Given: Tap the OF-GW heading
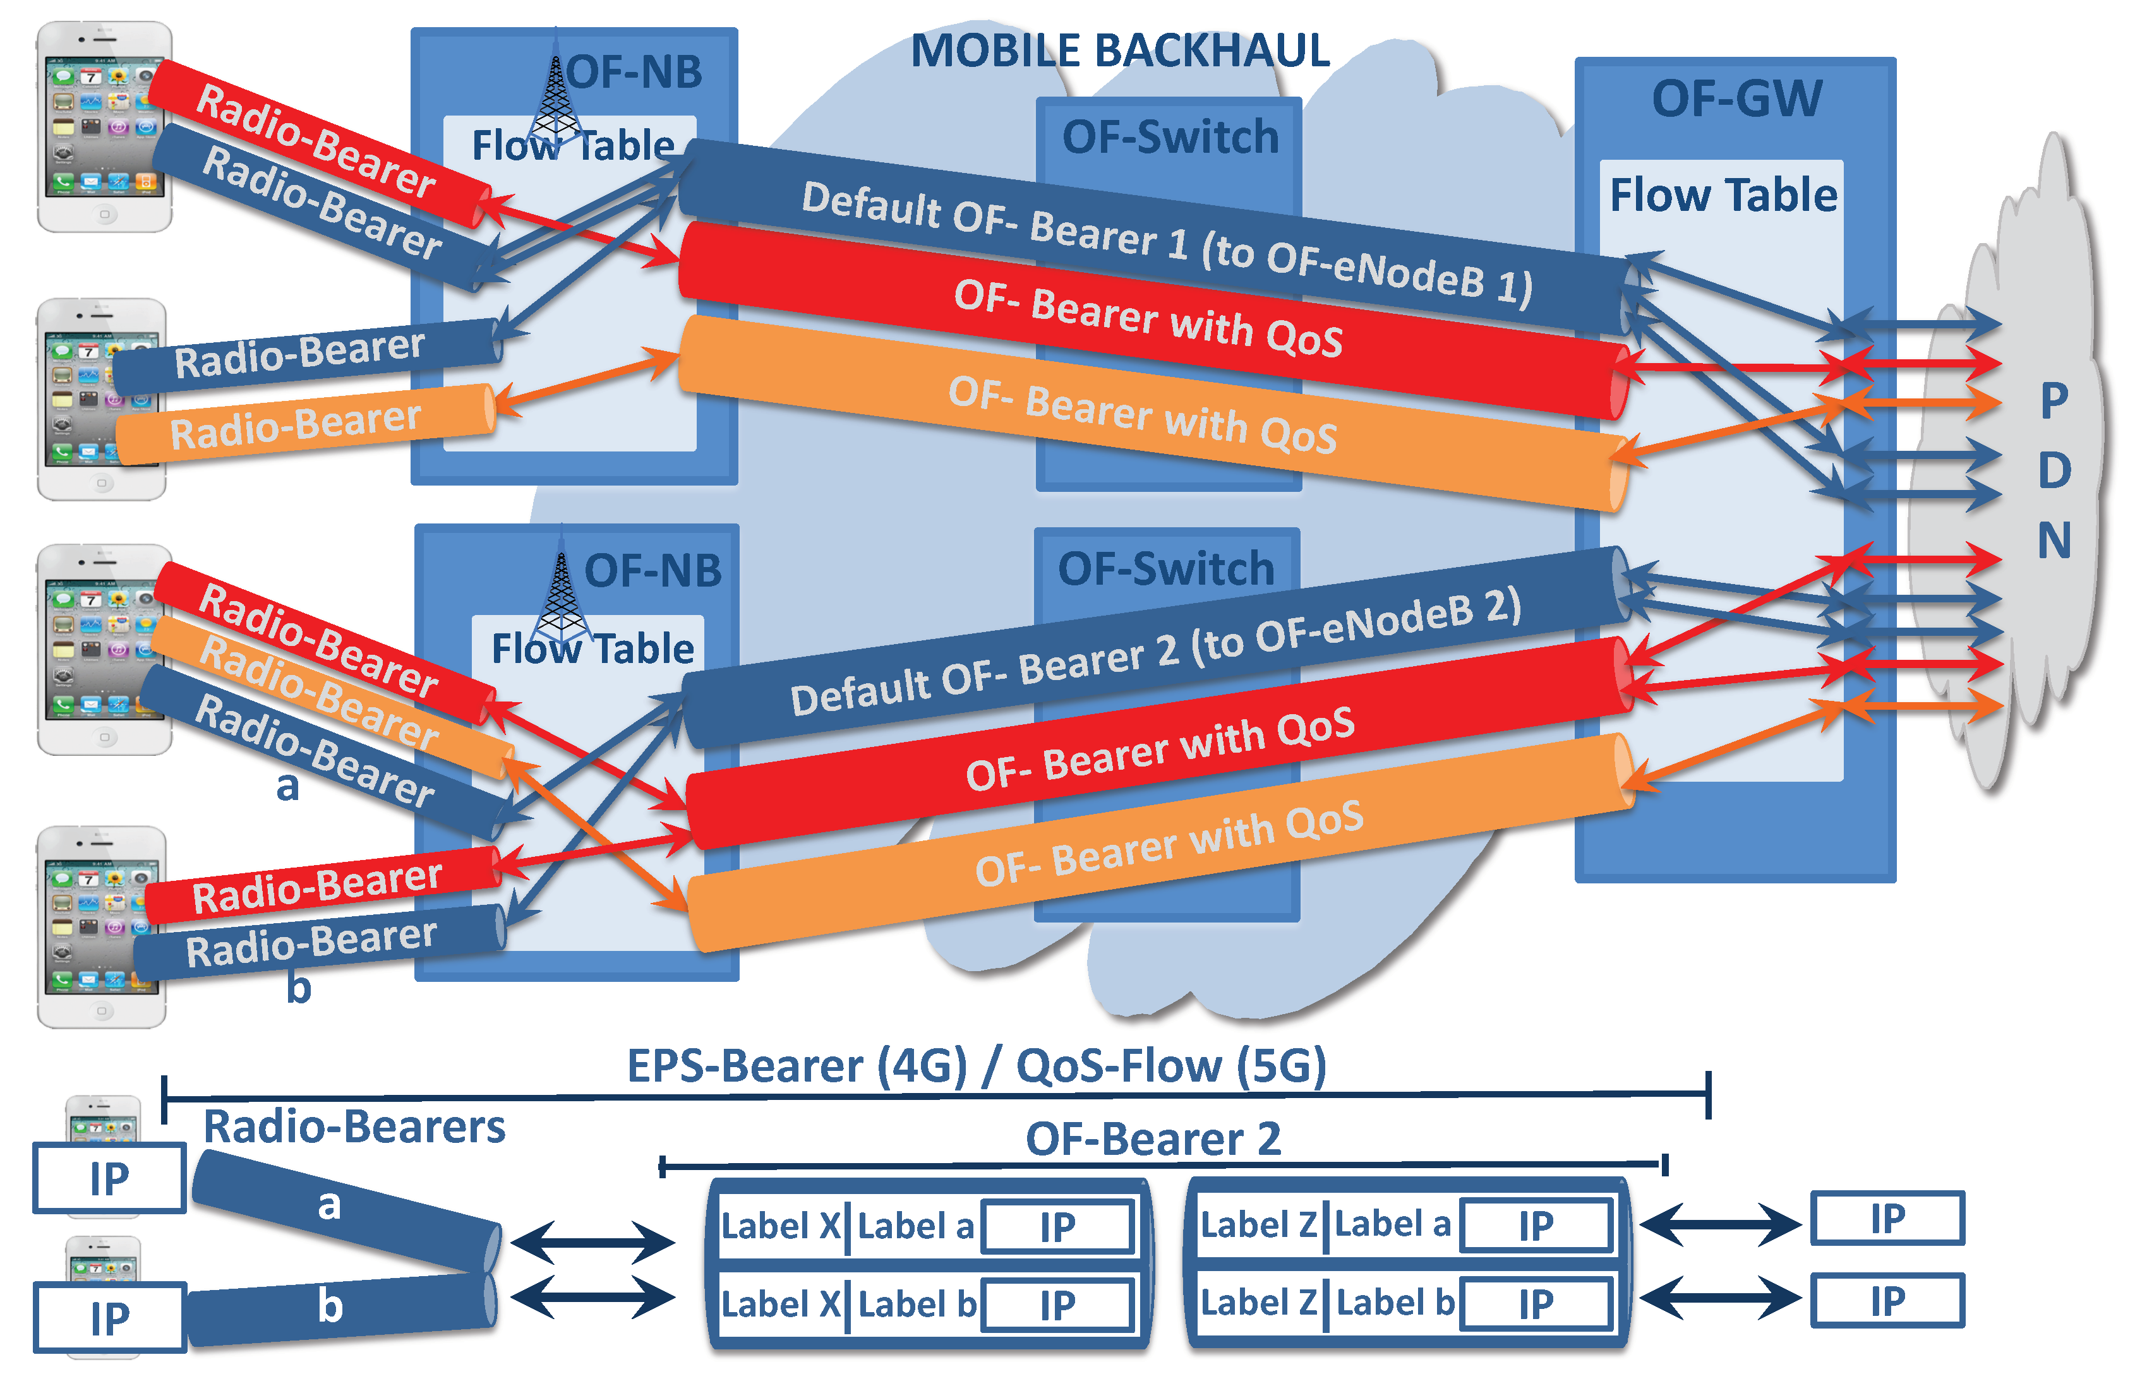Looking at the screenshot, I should pos(1735,98).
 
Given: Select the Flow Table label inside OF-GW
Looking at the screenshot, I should pos(1723,194).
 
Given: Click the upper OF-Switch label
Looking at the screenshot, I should pos(1169,136).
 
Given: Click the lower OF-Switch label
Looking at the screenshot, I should pos(1165,568).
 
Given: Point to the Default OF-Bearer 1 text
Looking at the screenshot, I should pos(1160,241).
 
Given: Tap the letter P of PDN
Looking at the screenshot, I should pos(2053,400).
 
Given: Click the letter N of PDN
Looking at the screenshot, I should pos(2053,541).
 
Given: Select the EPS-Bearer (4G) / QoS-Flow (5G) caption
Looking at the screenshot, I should pos(975,1065).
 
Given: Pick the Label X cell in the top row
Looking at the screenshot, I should pos(781,1226).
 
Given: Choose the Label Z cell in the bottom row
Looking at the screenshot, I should pos(1258,1303).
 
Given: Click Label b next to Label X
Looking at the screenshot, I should pos(916,1305).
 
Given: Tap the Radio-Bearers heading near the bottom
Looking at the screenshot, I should pos(354,1126).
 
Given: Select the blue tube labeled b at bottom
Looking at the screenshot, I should pos(339,1308).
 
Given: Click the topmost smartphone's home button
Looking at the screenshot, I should pos(104,214).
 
